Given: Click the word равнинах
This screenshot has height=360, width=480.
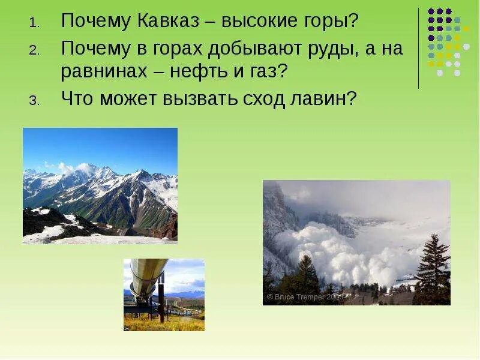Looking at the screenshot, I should (x=104, y=72).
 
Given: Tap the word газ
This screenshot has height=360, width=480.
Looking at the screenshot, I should (x=264, y=72).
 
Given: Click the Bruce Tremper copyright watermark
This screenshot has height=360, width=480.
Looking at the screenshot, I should (x=304, y=296).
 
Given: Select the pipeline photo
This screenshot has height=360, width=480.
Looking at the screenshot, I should (x=164, y=295).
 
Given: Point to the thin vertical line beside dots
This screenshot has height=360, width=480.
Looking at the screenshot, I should (x=419, y=48).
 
